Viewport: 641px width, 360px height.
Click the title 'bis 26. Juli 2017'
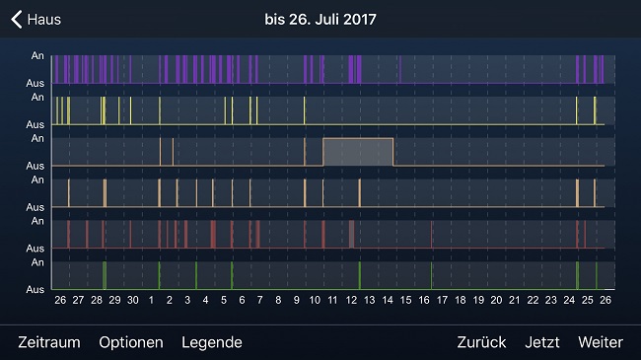(x=320, y=19)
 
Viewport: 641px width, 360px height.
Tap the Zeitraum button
(x=49, y=342)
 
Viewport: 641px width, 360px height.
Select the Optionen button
(x=131, y=342)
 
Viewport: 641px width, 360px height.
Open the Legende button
(x=212, y=342)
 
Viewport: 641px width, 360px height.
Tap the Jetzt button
(x=542, y=342)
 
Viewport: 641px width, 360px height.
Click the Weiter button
(x=601, y=342)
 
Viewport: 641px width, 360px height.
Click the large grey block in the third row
(x=359, y=152)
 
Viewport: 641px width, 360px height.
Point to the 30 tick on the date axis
(x=133, y=300)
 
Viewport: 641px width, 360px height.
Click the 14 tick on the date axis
(x=389, y=300)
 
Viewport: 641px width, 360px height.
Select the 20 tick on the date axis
(x=497, y=300)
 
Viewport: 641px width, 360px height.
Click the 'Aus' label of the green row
(x=35, y=290)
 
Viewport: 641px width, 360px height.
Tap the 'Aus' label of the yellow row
(x=35, y=125)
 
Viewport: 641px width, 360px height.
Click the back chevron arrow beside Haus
(x=16, y=19)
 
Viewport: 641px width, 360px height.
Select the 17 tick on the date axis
(x=443, y=300)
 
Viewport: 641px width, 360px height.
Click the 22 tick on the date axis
(x=534, y=300)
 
